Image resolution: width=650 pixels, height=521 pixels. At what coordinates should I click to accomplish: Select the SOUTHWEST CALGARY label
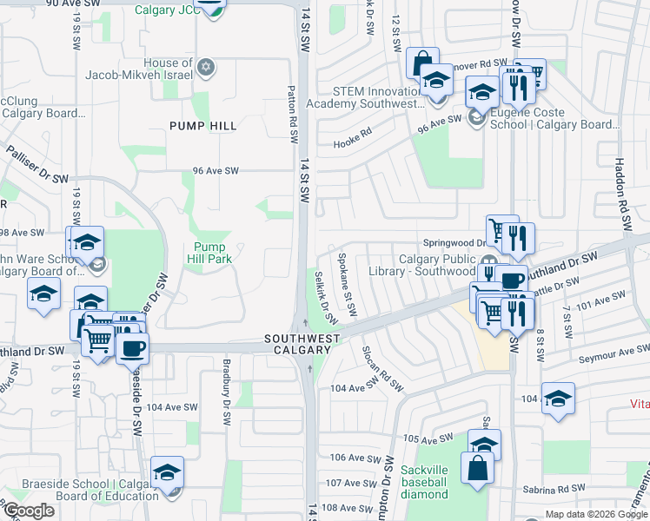point(299,344)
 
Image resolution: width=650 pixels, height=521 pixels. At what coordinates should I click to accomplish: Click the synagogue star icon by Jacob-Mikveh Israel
point(206,67)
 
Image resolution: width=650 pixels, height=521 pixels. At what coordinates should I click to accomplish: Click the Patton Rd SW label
point(294,113)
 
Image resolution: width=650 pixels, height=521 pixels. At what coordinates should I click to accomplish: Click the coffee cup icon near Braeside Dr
point(132,348)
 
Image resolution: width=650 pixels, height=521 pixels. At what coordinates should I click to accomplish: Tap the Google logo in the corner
point(28,511)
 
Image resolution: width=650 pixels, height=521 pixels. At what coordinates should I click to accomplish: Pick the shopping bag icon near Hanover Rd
point(421,63)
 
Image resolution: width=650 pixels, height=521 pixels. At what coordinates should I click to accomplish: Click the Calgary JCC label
point(165,10)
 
